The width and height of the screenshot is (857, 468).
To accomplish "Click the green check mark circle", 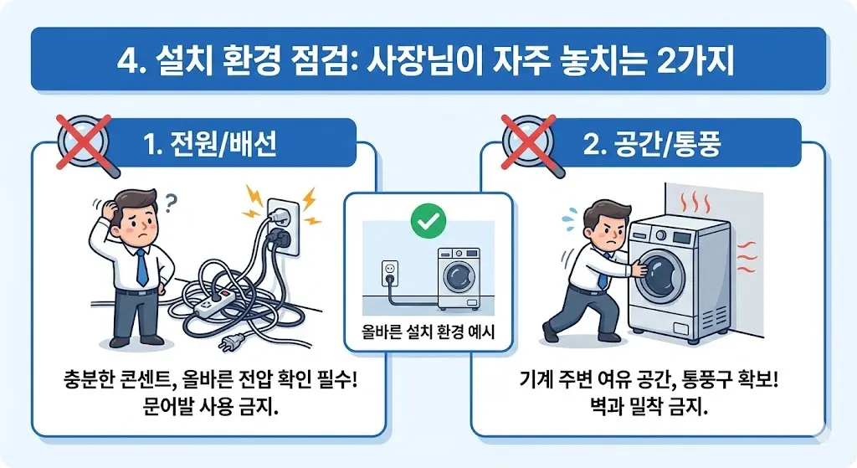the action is pos(428,221).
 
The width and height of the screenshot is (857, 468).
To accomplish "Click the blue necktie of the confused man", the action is pos(142,267).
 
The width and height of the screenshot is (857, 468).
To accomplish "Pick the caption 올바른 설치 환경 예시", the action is pos(428,332).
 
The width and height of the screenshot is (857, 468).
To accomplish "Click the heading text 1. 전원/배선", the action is pos(210,145).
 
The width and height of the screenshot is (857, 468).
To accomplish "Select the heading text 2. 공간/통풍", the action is pos(652,145).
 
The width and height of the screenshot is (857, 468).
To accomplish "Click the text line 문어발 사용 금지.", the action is pos(211,408).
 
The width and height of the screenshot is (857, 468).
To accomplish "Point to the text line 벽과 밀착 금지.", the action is pos(649,408).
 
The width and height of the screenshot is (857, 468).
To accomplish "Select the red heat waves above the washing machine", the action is pos(697,203).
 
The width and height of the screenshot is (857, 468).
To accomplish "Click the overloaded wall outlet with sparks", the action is pos(283,226).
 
